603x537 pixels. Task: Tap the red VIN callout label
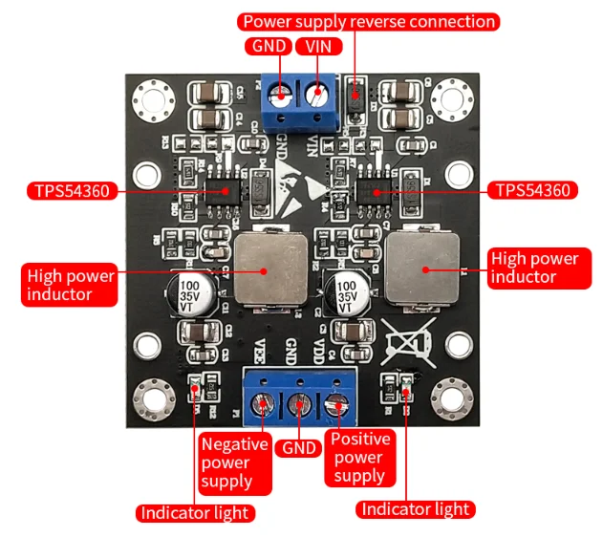click(x=317, y=47)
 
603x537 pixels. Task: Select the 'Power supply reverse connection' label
click(x=369, y=21)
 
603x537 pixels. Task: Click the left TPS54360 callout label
click(x=73, y=190)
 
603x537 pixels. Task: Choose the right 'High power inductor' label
click(x=533, y=268)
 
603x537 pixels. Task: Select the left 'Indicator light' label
click(x=195, y=513)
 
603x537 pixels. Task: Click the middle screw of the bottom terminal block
click(x=297, y=405)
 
